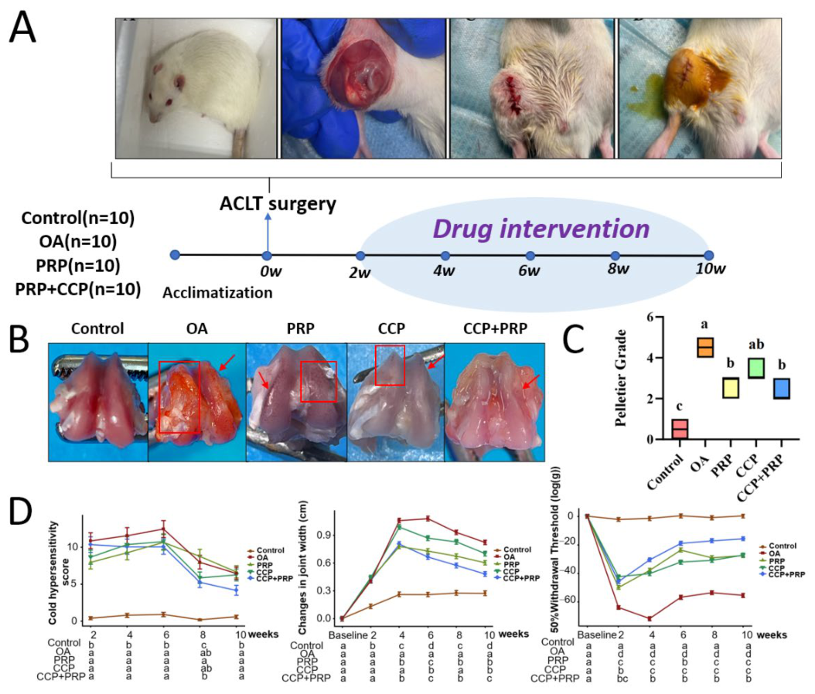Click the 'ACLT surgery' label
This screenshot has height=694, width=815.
(278, 203)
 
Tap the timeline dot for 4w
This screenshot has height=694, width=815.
(445, 256)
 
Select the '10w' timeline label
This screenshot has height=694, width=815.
(711, 269)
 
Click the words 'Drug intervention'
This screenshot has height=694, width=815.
(541, 229)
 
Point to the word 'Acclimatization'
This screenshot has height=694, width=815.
(217, 293)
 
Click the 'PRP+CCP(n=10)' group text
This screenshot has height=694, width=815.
(78, 289)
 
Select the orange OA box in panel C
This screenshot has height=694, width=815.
(705, 348)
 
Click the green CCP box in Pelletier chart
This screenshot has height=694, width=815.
(755, 368)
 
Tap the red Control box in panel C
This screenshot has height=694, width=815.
(680, 429)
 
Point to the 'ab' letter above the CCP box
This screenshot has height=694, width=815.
(755, 345)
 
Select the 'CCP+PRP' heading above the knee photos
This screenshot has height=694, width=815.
(495, 328)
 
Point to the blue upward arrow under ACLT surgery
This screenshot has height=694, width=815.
(268, 233)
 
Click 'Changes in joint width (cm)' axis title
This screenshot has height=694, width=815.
(303, 568)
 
